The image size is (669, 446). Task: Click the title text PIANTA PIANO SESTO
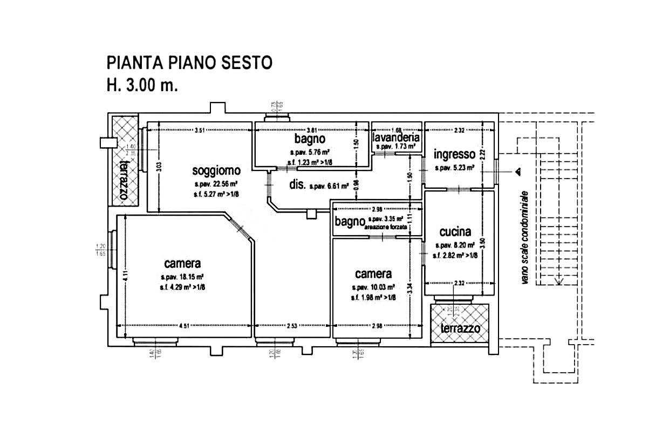(189, 63)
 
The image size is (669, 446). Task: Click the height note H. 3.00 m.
(142, 85)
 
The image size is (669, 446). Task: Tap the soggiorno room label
(216, 171)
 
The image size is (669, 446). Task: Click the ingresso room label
(454, 154)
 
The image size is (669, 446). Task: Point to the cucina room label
(455, 232)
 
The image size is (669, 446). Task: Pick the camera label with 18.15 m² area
(182, 264)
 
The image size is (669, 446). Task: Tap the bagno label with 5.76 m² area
(309, 140)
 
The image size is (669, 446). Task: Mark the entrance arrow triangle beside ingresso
(517, 172)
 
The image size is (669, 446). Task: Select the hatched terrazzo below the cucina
(460, 324)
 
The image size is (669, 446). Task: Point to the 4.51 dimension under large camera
(185, 325)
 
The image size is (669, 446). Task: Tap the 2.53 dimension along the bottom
(292, 325)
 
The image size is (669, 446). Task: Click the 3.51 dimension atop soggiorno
(200, 130)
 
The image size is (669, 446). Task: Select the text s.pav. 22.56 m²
(217, 184)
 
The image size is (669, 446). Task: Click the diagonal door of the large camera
(240, 228)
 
